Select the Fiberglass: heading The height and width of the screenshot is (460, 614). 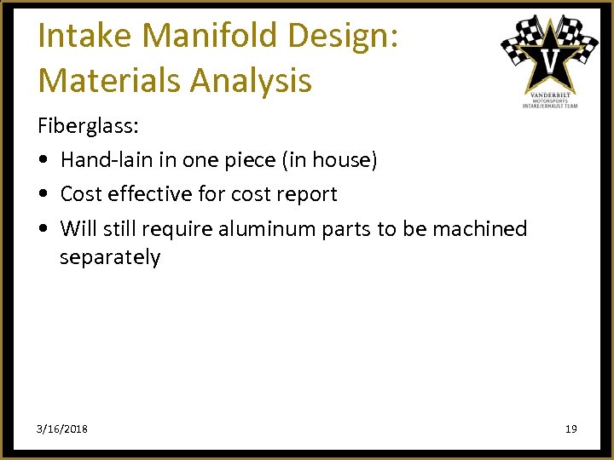[x=88, y=126]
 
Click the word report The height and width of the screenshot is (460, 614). [x=305, y=195]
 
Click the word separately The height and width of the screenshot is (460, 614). [x=110, y=258]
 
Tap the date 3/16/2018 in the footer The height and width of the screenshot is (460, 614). [x=62, y=428]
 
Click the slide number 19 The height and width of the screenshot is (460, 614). [x=571, y=428]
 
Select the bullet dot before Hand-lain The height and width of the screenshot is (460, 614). [x=43, y=161]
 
